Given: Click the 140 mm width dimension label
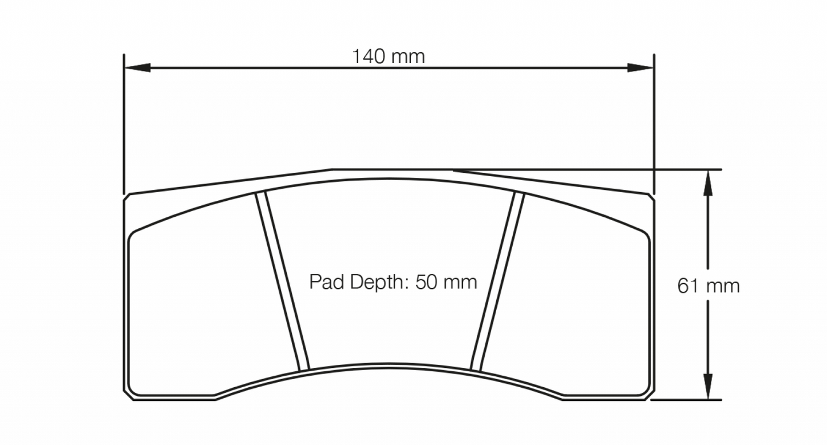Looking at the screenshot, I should pyautogui.click(x=388, y=57).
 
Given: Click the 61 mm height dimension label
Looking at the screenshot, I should pyautogui.click(x=709, y=285).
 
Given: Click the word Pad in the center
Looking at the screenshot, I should pyautogui.click(x=325, y=281).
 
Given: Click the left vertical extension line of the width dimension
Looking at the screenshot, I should pyautogui.click(x=124, y=126).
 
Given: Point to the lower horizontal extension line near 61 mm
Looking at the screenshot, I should pyautogui.click(x=687, y=400).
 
